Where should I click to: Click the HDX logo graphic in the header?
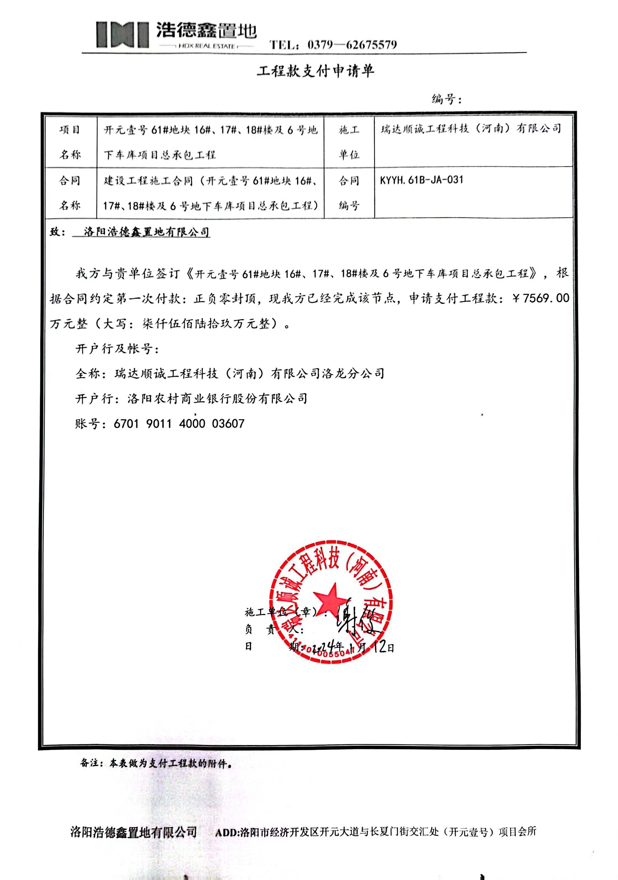tap(122, 35)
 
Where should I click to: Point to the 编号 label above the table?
tap(446, 99)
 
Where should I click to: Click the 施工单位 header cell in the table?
tap(349, 142)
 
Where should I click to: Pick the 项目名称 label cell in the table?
tap(70, 142)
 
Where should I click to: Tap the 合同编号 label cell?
tap(349, 193)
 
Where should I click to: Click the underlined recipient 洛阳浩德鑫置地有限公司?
tap(146, 232)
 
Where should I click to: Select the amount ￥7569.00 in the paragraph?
tap(541, 298)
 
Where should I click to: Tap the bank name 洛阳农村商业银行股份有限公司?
tap(217, 399)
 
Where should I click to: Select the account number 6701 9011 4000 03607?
tap(179, 423)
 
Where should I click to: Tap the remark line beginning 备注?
tap(156, 763)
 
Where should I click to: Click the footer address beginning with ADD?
tap(376, 832)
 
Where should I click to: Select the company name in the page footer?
tap(133, 832)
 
